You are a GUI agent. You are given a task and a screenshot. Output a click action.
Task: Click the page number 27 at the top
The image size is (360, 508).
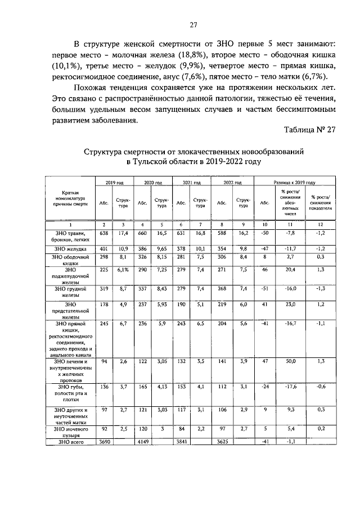[193, 25]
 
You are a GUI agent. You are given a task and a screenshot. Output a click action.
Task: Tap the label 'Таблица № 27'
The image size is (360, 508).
[310, 129]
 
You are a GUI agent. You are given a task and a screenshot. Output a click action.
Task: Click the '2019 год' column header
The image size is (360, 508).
[114, 183]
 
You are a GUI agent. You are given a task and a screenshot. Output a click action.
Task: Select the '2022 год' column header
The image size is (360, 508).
[232, 183]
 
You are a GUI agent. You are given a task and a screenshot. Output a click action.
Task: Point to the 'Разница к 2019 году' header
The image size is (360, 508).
[294, 183]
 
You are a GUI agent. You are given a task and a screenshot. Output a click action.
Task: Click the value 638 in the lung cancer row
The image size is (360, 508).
[104, 232]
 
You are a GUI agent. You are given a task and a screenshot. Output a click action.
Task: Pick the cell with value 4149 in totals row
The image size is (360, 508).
[143, 442]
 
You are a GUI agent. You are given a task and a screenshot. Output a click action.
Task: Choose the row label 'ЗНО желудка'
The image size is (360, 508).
[70, 248]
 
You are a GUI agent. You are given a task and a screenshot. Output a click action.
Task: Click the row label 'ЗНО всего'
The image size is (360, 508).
[70, 442]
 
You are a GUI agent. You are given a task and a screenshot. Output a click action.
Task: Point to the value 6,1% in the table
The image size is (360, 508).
[123, 269]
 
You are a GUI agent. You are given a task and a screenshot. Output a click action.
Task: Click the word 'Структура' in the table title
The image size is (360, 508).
[105, 152]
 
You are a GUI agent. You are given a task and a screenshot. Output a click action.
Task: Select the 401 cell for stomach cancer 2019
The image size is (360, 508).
[104, 248]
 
